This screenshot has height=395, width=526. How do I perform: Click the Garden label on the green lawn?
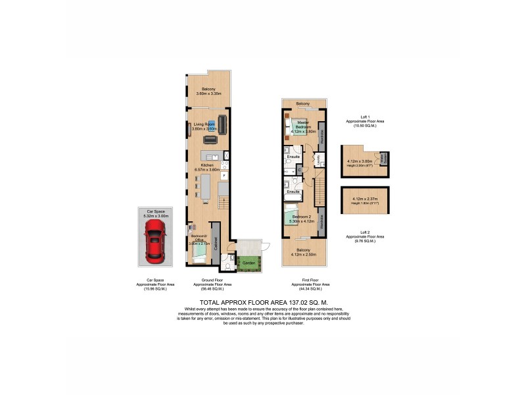coord(249,263)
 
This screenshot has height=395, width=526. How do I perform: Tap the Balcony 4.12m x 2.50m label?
coord(302,252)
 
